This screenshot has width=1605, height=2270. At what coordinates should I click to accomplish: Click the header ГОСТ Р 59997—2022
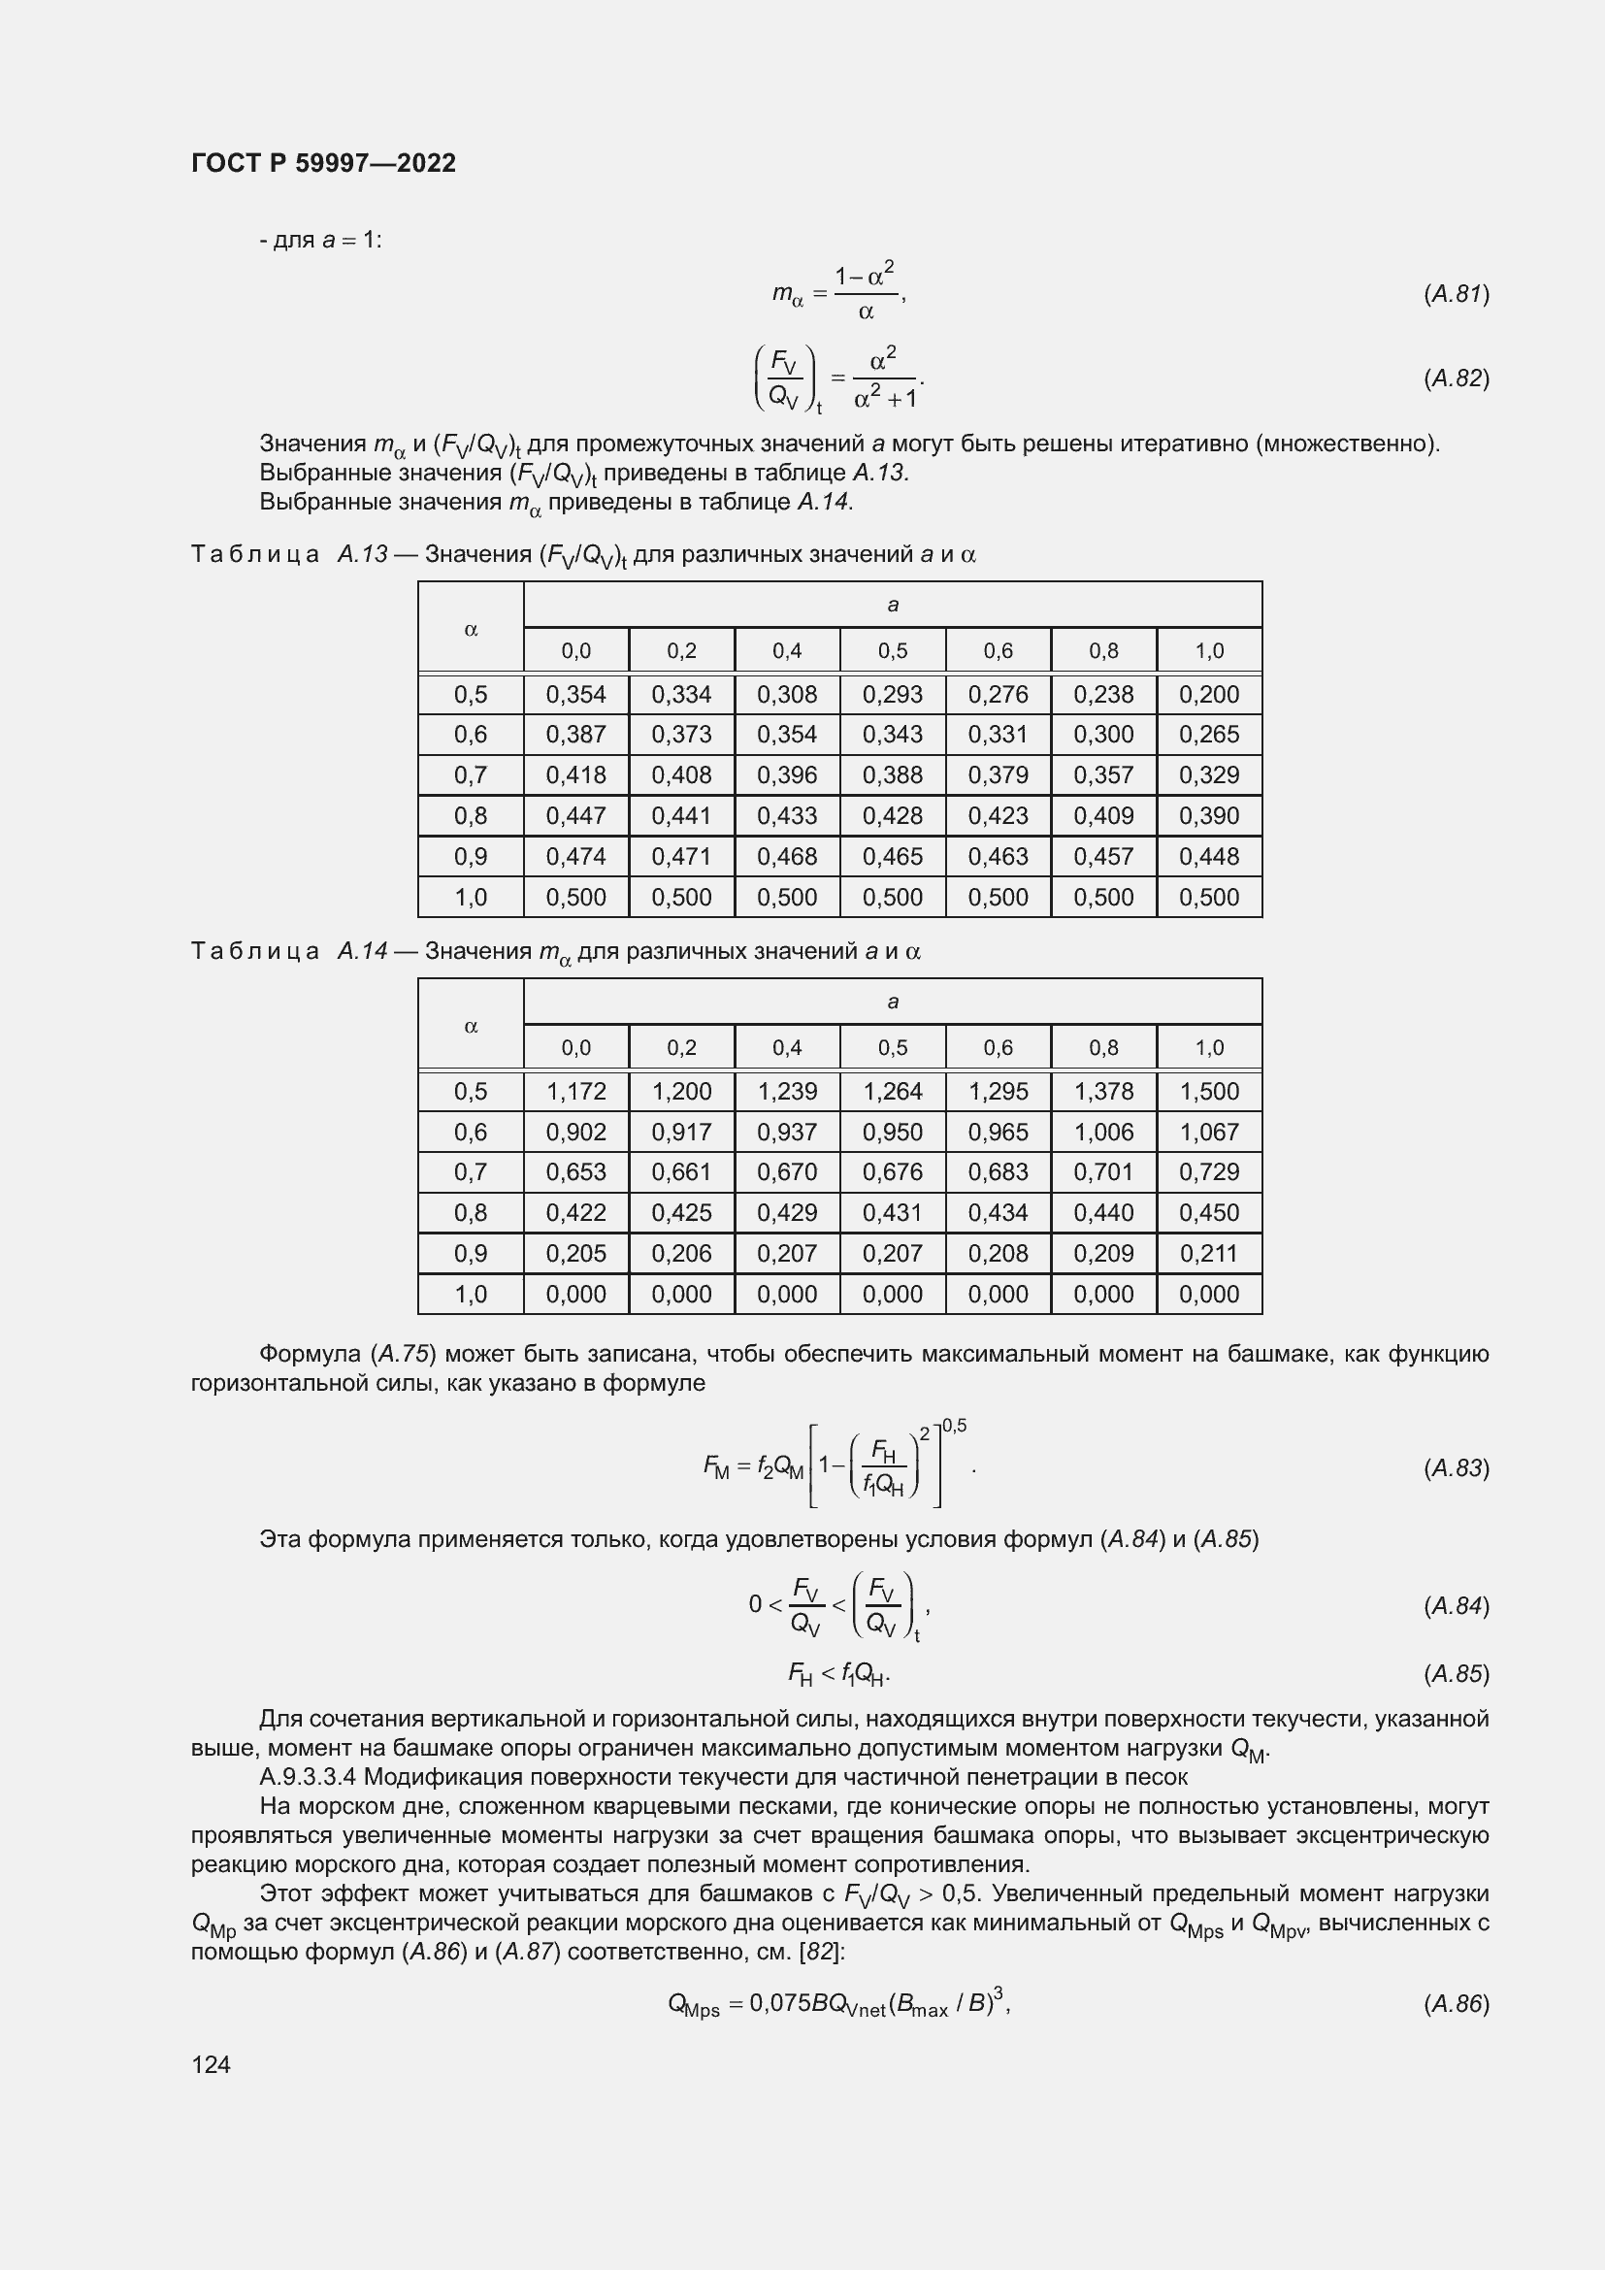(323, 163)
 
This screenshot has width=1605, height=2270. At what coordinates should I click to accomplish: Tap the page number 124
(211, 2064)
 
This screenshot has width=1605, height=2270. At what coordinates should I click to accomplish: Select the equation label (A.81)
(1456, 294)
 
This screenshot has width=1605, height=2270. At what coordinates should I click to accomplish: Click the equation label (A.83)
(1456, 1468)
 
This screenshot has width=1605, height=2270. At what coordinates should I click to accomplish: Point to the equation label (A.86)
(1456, 2004)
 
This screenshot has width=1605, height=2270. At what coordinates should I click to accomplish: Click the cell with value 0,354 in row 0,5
(575, 694)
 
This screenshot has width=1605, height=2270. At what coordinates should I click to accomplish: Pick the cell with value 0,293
(892, 694)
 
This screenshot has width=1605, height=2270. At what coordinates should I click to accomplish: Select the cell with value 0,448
(1209, 856)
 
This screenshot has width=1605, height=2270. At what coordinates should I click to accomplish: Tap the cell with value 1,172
(575, 1092)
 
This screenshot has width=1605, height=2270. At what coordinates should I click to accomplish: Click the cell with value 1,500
(1209, 1092)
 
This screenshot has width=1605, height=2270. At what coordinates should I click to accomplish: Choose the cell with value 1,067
(1209, 1132)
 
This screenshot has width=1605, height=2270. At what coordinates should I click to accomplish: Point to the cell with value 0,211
(1209, 1254)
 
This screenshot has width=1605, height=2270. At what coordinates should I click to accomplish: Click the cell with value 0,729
(1209, 1172)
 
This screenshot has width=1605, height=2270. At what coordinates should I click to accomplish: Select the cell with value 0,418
(575, 775)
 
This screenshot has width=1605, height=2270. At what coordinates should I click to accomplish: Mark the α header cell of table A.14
(471, 1026)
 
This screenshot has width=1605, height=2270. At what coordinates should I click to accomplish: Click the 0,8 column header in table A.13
(1103, 650)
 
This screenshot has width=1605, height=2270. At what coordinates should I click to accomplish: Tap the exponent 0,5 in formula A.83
(954, 1426)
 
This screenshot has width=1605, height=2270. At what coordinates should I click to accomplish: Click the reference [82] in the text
(822, 1952)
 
